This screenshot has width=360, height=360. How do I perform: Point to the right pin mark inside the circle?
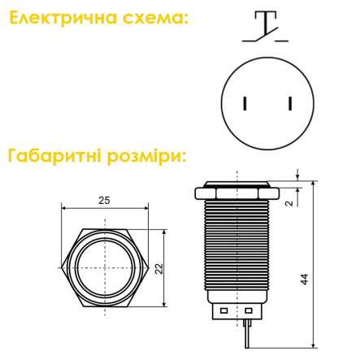click(289, 103)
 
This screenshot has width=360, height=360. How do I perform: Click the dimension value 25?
click(103, 200)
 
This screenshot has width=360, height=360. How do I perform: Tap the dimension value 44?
click(304, 278)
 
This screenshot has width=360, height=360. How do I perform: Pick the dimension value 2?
click(289, 203)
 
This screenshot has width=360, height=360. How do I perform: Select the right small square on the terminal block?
click(248, 310)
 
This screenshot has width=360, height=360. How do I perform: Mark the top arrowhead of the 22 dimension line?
click(165, 231)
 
